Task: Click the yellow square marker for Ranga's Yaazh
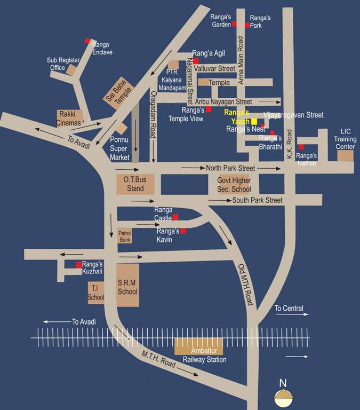254,122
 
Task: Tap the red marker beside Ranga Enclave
87,41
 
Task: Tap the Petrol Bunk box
124,236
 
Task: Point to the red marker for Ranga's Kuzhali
79,265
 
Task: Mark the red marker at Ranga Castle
175,217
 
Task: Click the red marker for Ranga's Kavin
183,231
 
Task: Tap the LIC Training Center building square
345,155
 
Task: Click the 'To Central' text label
289,309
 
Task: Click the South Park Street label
257,200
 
